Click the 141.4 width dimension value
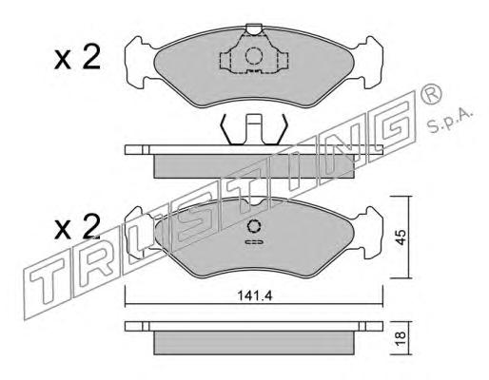click(255, 295)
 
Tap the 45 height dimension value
click(401, 237)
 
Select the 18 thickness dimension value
click(401, 338)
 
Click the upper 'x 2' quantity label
click(77, 57)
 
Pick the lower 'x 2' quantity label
click(77, 227)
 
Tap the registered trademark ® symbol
click(430, 93)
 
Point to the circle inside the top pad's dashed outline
click(254, 56)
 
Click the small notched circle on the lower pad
click(254, 227)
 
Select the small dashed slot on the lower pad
click(254, 242)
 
